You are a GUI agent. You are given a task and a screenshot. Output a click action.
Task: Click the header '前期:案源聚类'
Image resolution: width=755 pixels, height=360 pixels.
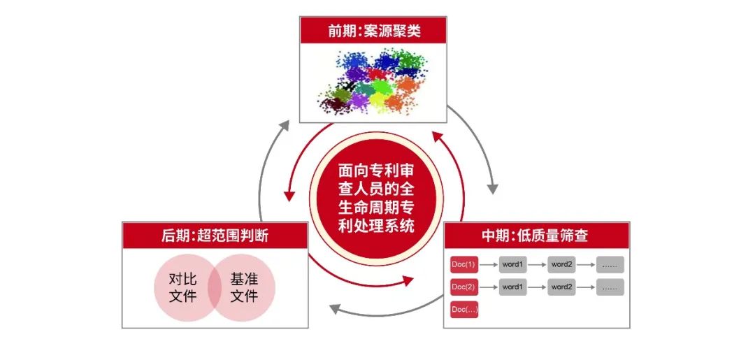pyautogui.click(x=373, y=31)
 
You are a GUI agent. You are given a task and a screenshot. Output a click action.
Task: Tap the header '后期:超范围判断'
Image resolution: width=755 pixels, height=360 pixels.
pyautogui.click(x=215, y=236)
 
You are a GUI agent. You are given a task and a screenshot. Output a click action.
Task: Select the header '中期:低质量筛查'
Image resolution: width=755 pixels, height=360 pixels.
pyautogui.click(x=536, y=236)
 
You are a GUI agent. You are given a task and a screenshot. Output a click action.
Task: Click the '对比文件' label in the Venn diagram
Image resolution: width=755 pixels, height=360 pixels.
pyautogui.click(x=183, y=288)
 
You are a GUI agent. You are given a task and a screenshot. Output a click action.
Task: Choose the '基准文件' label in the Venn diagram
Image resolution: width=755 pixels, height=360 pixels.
pyautogui.click(x=244, y=288)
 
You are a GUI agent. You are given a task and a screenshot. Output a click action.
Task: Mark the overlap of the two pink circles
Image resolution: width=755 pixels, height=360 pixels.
pyautogui.click(x=215, y=288)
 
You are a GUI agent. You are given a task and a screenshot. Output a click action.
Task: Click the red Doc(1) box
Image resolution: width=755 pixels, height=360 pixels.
pyautogui.click(x=463, y=265)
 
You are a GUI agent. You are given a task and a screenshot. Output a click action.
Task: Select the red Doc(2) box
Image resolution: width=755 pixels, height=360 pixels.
pyautogui.click(x=463, y=287)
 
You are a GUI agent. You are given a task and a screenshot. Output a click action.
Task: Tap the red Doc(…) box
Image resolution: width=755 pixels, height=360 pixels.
pyautogui.click(x=463, y=310)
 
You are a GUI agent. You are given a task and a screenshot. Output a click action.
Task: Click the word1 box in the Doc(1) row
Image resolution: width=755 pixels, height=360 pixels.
pyautogui.click(x=512, y=265)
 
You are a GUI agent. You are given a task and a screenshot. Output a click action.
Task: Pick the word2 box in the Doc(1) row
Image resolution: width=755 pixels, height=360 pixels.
pyautogui.click(x=561, y=265)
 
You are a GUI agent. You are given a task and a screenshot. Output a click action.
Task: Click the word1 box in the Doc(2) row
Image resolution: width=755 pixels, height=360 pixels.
pyautogui.click(x=512, y=287)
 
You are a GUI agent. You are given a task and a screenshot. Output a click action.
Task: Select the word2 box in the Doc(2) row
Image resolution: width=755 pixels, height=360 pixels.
pyautogui.click(x=561, y=287)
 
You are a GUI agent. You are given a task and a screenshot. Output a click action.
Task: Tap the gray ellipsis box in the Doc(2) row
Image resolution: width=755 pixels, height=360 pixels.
pyautogui.click(x=610, y=287)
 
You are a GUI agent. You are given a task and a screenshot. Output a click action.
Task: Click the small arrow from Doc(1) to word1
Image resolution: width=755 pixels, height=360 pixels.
pyautogui.click(x=488, y=265)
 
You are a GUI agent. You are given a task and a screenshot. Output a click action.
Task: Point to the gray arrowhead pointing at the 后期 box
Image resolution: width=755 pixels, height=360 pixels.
pyautogui.click(x=335, y=308)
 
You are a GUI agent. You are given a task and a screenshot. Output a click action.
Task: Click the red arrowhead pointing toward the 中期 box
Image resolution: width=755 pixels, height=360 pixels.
pyautogui.click(x=408, y=280)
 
